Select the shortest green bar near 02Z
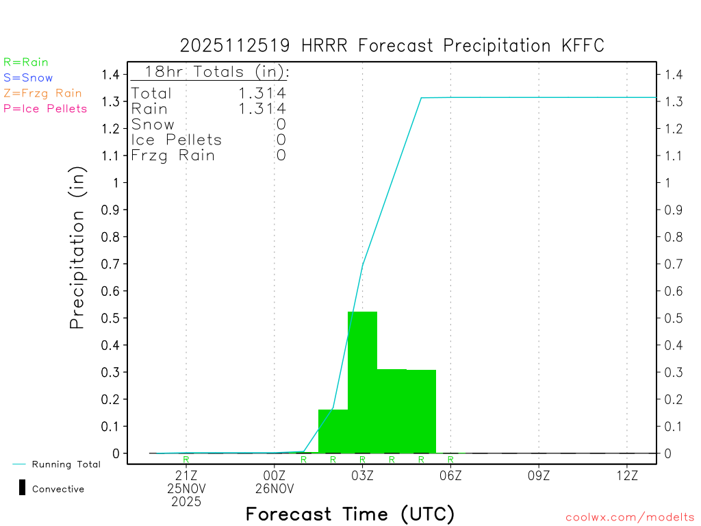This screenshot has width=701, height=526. coord(333,431)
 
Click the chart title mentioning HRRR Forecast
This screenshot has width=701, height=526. coord(392,46)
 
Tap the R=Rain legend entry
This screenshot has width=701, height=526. coord(26,62)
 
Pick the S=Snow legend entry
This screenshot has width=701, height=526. coord(28,78)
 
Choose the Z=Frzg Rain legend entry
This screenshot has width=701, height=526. coord(42,93)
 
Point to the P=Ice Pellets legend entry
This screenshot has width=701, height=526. coord(45,108)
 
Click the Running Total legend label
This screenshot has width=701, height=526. coord(66,464)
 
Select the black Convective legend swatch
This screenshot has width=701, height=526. coord(23,488)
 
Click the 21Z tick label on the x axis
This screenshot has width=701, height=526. coord(186,475)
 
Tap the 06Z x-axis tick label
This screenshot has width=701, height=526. coord(450,475)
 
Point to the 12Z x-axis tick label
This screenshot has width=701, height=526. coord(627,475)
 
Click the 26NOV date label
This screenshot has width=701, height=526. coord(274,488)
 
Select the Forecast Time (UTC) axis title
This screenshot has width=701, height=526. coord(350,514)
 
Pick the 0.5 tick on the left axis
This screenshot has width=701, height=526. coord(112,318)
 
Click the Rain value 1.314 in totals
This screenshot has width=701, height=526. coord(263,108)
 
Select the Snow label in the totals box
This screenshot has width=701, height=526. coord(153,124)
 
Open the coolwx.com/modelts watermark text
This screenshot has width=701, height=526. coord(630,518)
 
